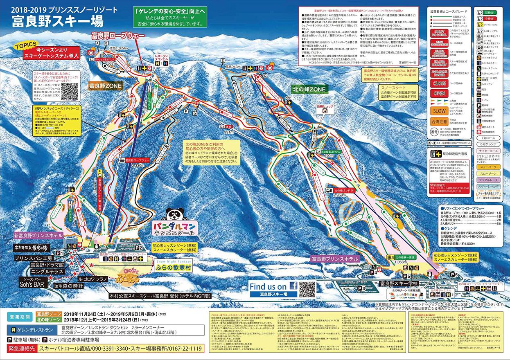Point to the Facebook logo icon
click(x=293, y=286)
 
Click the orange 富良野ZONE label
click(x=104, y=86)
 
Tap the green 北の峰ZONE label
click(x=309, y=89)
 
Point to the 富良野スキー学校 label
click(x=399, y=283)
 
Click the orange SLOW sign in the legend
click(x=440, y=110)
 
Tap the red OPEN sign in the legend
click(x=440, y=93)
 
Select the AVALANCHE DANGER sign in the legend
click(x=440, y=74)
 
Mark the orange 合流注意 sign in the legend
click(x=440, y=122)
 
